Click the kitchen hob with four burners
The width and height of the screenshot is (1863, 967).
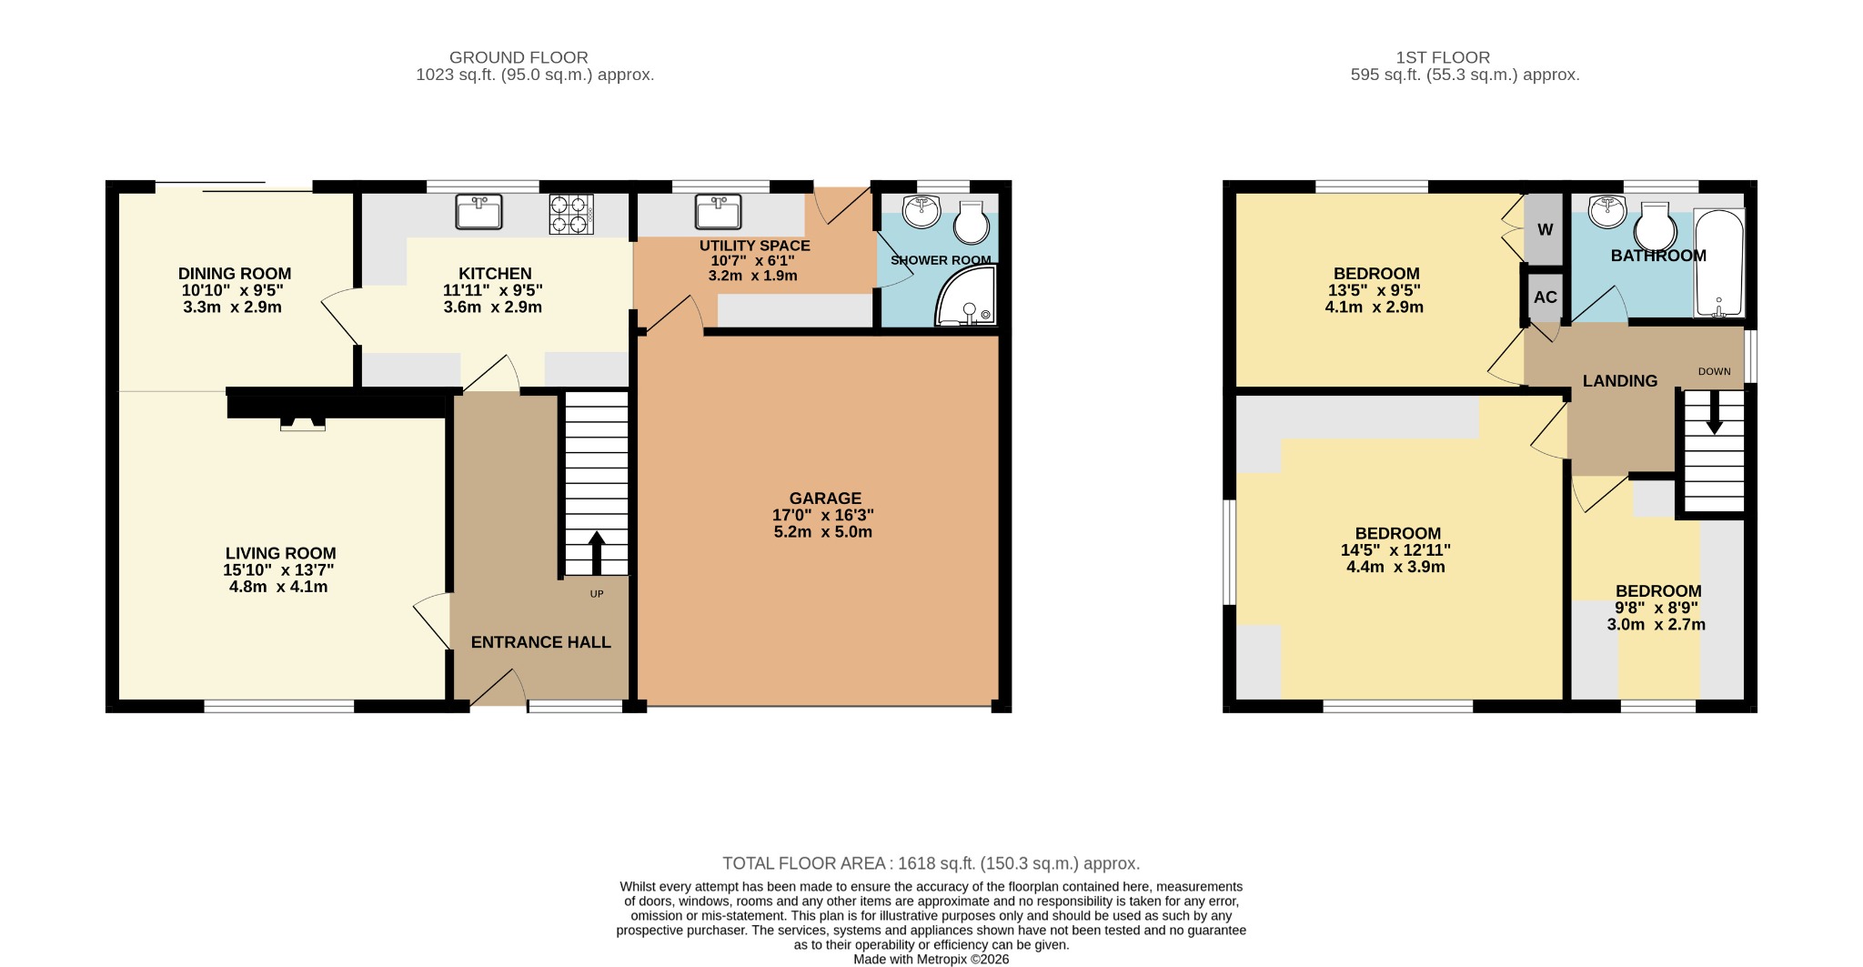[570, 215]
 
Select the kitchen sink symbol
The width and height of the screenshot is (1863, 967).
[478, 213]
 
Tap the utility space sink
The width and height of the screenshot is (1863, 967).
[718, 212]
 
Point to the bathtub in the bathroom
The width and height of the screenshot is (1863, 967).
[1718, 263]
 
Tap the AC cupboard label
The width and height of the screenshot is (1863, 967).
[1545, 297]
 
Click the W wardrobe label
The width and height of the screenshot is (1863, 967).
[1545, 229]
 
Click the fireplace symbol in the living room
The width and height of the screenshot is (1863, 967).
[302, 423]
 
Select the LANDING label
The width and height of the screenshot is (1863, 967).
[1619, 381]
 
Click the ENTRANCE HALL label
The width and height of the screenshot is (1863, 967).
[540, 642]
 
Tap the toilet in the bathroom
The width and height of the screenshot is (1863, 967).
[1655, 228]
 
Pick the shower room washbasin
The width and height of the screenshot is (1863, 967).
[921, 212]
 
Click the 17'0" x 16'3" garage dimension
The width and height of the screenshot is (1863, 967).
[822, 515]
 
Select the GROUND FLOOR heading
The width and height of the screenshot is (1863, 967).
[519, 57]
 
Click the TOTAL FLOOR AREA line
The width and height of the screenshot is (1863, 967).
[931, 863]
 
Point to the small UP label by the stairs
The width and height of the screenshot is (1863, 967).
[597, 594]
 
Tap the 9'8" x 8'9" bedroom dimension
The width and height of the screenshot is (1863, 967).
[1656, 608]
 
